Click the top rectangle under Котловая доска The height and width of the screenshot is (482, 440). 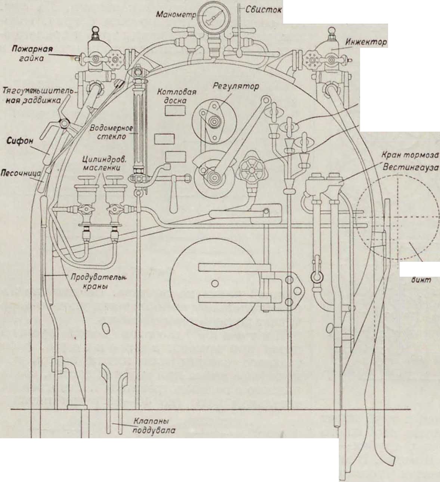[x=175, y=110]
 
